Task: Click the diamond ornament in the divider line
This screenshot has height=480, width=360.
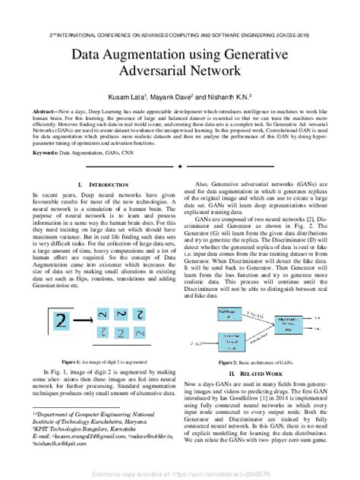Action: click(x=179, y=166)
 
